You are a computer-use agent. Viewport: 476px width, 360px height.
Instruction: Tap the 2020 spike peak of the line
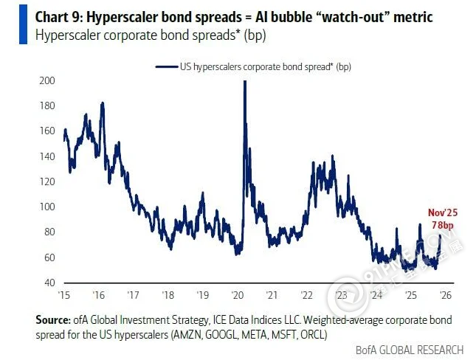pos(244,81)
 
